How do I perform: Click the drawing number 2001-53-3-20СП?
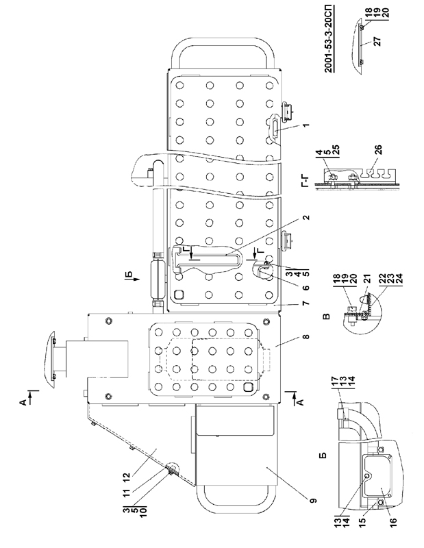tap(329, 39)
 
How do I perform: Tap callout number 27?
tap(377, 42)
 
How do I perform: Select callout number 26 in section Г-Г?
tap(379, 149)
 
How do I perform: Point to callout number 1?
tap(306, 125)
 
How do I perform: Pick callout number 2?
tap(306, 217)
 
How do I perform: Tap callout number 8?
tap(306, 337)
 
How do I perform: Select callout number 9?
tap(314, 501)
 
